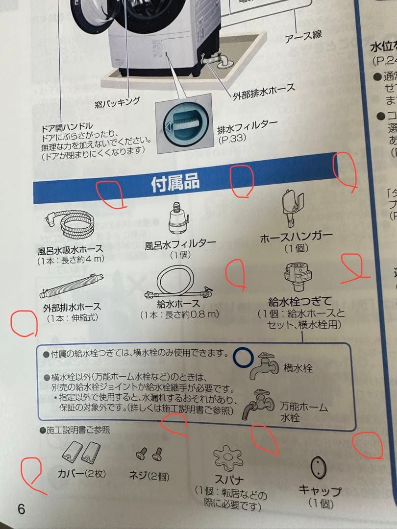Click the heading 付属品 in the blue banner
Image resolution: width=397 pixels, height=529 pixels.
pyautogui.click(x=175, y=183)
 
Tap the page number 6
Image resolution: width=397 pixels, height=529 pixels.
pyautogui.click(x=21, y=508)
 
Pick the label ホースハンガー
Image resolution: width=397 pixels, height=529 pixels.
pyautogui.click(x=296, y=237)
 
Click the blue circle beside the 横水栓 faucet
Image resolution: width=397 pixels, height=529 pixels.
pyautogui.click(x=243, y=357)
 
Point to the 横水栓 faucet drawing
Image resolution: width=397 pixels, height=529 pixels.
pyautogui.click(x=265, y=365)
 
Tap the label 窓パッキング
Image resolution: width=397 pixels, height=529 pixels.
pyautogui.click(x=117, y=102)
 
